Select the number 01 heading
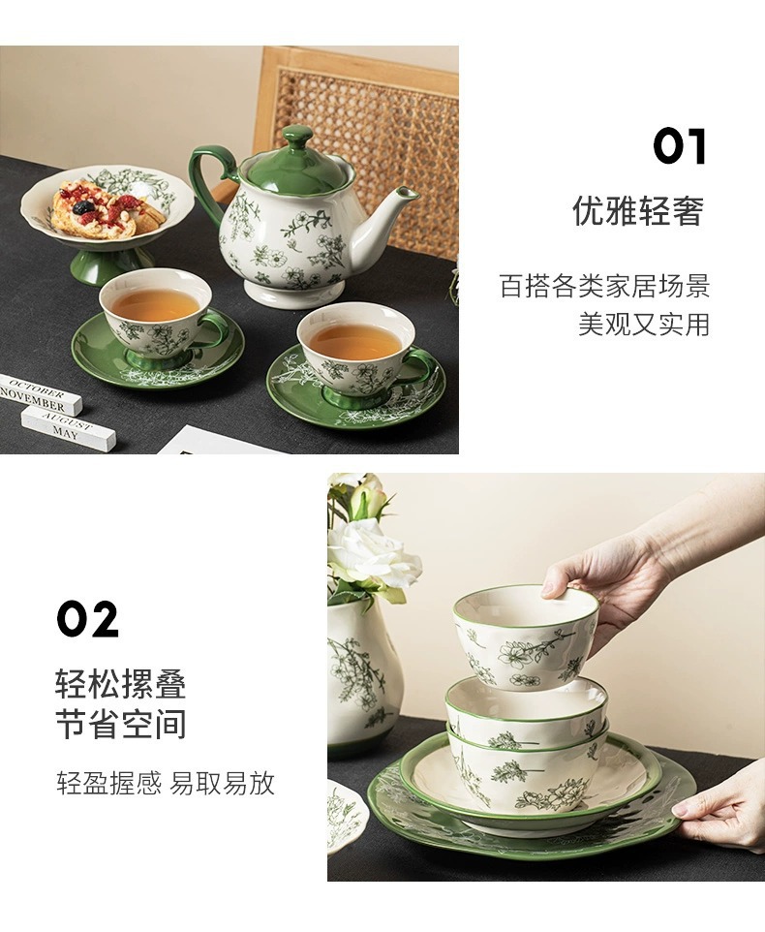tap(680, 146)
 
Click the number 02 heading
tap(87, 619)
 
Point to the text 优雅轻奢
tap(638, 210)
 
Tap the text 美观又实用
tap(644, 324)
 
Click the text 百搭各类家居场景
tap(604, 285)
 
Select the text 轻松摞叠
tap(121, 684)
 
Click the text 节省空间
tap(121, 724)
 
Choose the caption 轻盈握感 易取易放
tap(166, 783)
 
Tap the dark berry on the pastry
tap(83, 207)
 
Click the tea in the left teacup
tap(156, 303)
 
